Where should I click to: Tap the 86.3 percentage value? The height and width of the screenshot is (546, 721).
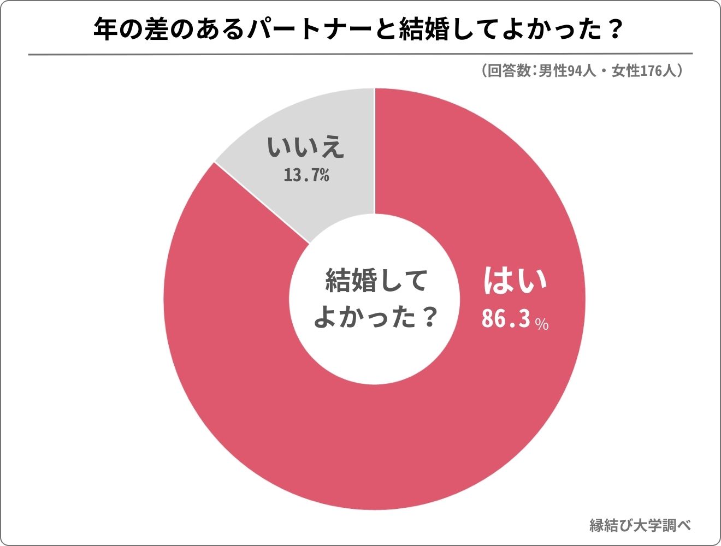(506, 319)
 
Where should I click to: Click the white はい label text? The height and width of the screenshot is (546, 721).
(515, 281)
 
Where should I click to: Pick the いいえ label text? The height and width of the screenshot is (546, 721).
(306, 147)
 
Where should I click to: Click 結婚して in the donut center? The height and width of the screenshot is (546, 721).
(376, 281)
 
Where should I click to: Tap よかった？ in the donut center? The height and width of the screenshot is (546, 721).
(376, 317)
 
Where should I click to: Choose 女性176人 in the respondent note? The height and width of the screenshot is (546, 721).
(644, 71)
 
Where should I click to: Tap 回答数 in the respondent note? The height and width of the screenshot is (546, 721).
(509, 71)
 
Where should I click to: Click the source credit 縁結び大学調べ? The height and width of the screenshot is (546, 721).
(640, 525)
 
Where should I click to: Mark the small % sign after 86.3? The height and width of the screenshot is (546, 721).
(542, 324)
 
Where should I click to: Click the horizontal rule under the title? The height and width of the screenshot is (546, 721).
(361, 54)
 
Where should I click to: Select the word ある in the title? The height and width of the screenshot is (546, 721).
(223, 30)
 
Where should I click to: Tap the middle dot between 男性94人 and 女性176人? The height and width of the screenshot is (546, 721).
(604, 71)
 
